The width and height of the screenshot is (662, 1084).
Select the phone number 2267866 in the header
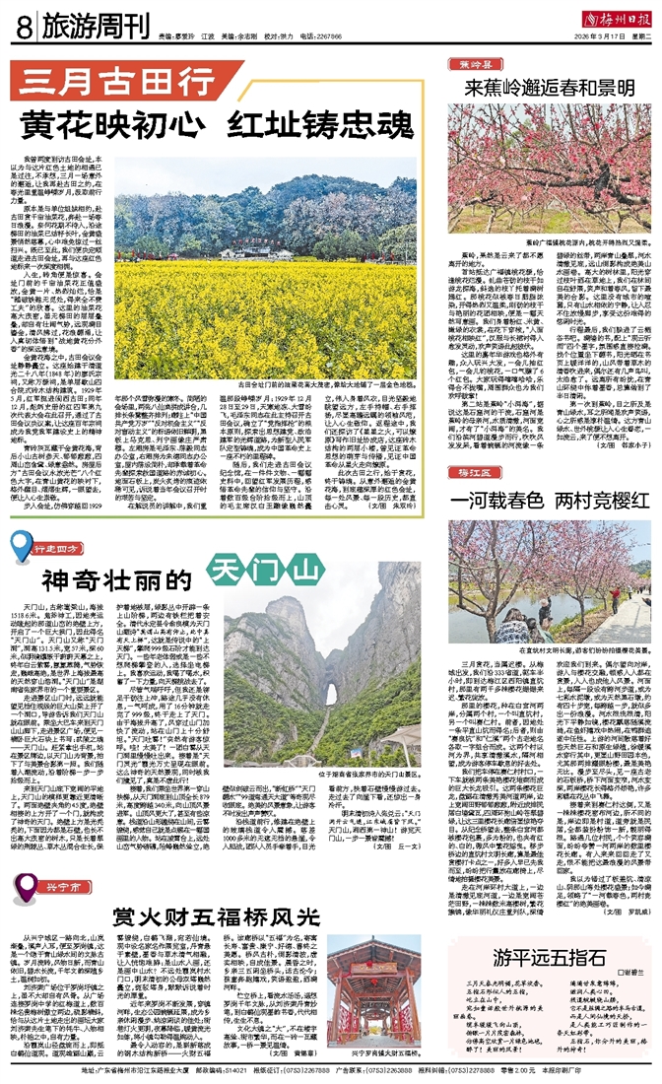pyautogui.click(x=327, y=35)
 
